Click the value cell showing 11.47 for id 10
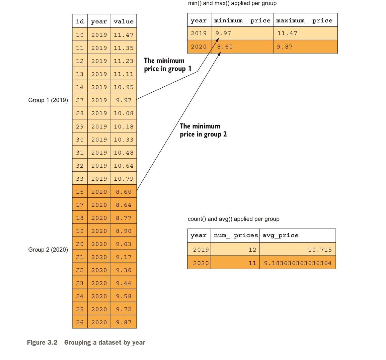(124, 35)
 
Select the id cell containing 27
(80, 100)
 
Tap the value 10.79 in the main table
(124, 179)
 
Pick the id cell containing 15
(80, 192)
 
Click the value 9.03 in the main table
(124, 244)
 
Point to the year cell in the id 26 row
(99, 322)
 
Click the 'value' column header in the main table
(124, 21)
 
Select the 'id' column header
(80, 21)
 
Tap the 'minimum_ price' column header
(242, 20)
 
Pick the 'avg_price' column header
(280, 236)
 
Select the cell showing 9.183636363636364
(298, 263)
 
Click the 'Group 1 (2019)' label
(48, 100)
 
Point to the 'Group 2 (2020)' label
(48, 250)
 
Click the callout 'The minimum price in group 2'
(203, 130)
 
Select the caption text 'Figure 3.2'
(42, 342)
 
